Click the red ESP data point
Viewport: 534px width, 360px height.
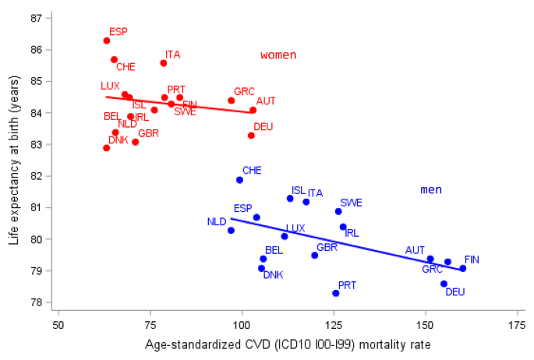(x=107, y=41)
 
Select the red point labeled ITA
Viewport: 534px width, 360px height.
(x=164, y=63)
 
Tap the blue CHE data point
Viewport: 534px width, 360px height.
(x=239, y=180)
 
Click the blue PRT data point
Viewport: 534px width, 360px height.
(x=336, y=293)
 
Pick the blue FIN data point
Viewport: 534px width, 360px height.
(x=462, y=268)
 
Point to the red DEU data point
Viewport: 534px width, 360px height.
(x=251, y=136)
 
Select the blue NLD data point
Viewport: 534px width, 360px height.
(x=231, y=230)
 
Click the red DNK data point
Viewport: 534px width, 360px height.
(x=107, y=148)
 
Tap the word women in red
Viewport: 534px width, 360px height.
(x=278, y=55)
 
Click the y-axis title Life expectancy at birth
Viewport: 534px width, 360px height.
(x=15, y=160)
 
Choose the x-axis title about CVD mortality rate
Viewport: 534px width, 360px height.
(x=287, y=344)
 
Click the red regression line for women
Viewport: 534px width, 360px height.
(x=179, y=104)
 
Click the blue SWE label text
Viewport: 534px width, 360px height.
(x=351, y=203)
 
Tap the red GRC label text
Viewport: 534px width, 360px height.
(x=244, y=91)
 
